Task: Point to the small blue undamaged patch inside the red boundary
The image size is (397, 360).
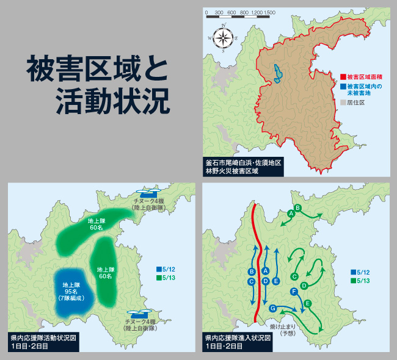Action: pos(279,73)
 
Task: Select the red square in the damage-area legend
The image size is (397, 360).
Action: pos(343,77)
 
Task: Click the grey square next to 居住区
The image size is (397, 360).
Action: pos(343,103)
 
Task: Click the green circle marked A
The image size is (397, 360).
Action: pos(291,213)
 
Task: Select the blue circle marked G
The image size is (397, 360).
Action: pos(272,308)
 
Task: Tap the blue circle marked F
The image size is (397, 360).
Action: pos(294,291)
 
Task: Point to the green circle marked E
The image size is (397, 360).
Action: pos(308,303)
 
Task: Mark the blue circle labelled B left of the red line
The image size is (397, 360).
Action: pos(252,272)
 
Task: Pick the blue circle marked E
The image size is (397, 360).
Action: pos(277,281)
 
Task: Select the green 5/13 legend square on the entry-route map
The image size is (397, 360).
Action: pos(354,281)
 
